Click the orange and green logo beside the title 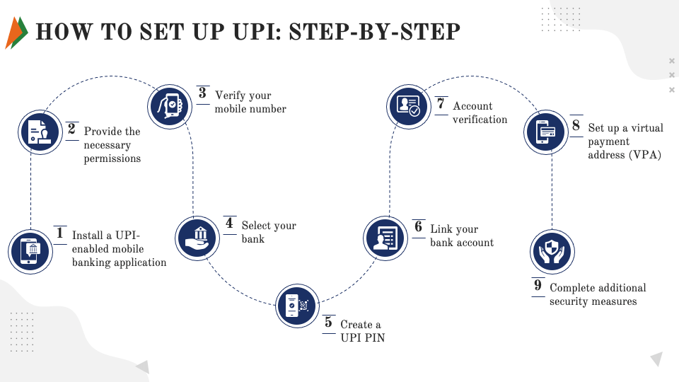(x=16, y=33)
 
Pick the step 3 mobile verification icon (x=170, y=105)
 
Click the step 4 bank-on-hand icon (x=197, y=236)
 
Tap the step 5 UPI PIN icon (x=297, y=306)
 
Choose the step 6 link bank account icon (x=386, y=238)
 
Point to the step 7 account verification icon (x=409, y=108)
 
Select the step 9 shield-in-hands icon (x=552, y=252)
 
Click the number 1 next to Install (x=60, y=234)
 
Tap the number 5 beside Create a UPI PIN (x=328, y=323)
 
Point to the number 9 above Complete (x=538, y=286)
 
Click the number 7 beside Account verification (x=441, y=105)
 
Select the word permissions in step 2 (x=112, y=158)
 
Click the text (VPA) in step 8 (x=644, y=155)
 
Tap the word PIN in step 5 (x=374, y=338)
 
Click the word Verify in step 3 (x=231, y=95)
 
